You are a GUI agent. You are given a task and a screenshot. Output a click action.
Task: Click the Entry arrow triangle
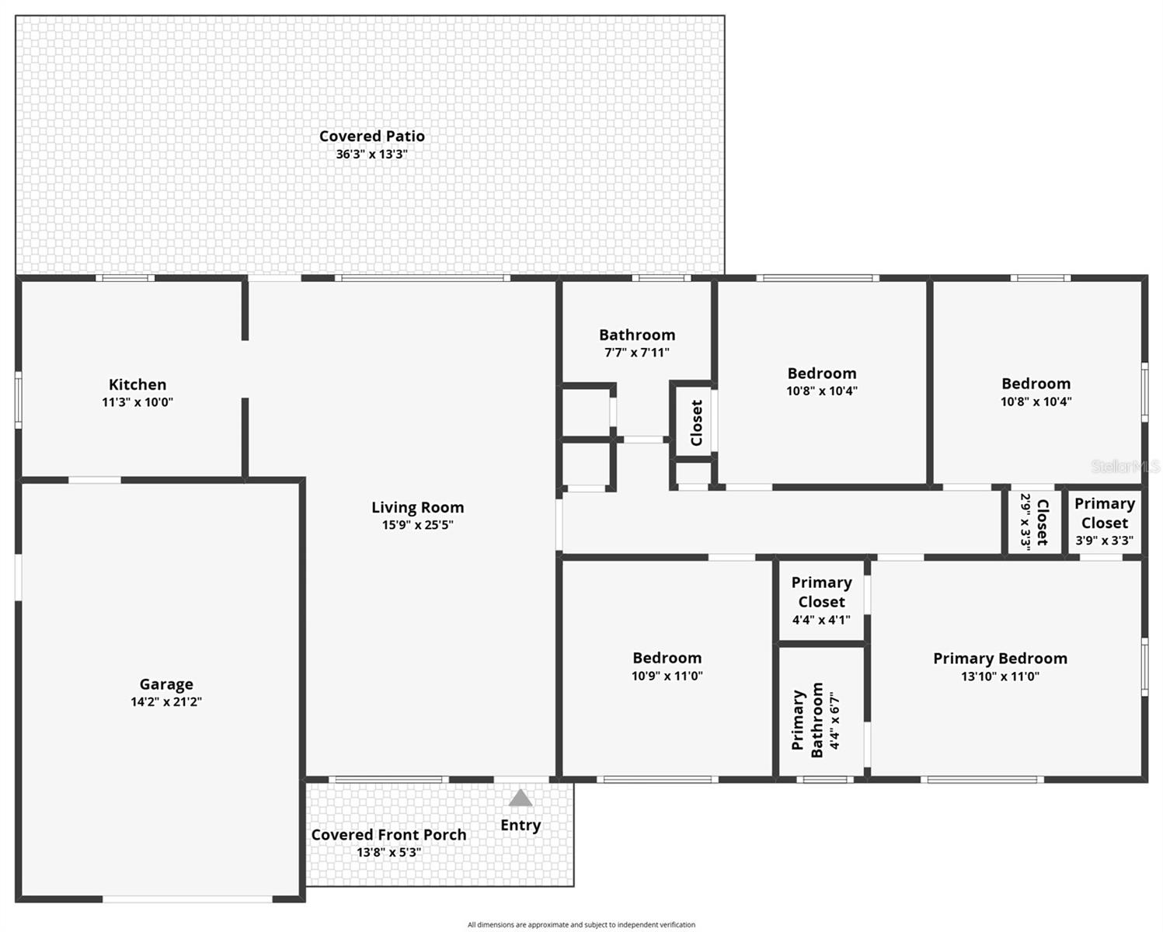(x=521, y=798)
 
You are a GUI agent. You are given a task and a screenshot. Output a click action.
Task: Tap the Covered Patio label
(x=372, y=136)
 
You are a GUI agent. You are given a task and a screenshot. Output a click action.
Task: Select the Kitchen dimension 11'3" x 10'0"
(x=138, y=402)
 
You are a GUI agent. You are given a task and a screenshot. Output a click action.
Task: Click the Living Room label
(x=417, y=507)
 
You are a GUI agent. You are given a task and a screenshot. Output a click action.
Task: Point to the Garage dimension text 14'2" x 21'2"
(x=166, y=702)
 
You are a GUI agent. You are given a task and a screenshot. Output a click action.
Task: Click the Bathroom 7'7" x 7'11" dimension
(x=637, y=353)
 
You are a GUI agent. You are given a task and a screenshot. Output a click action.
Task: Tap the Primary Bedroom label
(x=1000, y=659)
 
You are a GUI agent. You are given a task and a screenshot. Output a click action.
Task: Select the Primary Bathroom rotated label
(x=807, y=720)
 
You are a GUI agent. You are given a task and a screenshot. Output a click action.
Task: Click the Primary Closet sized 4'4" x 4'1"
(x=821, y=600)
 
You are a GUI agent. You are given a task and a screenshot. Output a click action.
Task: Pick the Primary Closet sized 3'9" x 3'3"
(x=1104, y=521)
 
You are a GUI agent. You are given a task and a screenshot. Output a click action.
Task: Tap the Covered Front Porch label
(x=388, y=835)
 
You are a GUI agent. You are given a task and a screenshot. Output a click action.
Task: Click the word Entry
(x=521, y=825)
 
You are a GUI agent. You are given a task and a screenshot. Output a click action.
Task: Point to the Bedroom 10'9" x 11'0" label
(x=667, y=658)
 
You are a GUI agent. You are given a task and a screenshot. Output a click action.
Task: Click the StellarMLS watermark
(x=1125, y=466)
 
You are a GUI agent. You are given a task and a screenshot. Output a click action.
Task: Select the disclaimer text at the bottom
(x=581, y=924)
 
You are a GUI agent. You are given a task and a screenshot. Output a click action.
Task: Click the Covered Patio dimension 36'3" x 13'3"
(x=371, y=155)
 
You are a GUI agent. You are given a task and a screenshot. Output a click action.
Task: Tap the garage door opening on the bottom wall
(x=187, y=899)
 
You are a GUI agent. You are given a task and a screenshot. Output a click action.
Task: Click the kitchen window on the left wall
(x=18, y=399)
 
